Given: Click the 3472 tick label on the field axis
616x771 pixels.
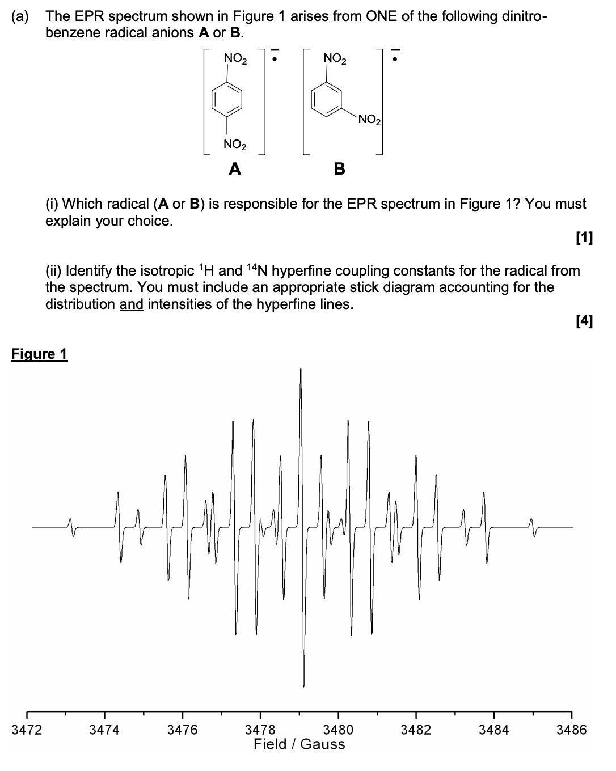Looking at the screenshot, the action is (27, 730).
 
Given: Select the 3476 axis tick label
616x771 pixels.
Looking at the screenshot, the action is (183, 730).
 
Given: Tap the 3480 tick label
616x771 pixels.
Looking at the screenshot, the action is (338, 730).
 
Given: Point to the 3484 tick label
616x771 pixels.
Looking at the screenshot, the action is (493, 730).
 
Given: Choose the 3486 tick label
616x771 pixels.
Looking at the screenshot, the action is (571, 730).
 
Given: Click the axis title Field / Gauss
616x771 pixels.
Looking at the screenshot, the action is (299, 744).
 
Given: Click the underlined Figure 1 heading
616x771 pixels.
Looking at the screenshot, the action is (39, 354).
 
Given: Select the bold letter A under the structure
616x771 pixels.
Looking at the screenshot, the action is (234, 168).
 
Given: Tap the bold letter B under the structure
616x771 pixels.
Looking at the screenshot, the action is (339, 168).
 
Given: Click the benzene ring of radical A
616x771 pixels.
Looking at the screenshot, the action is (227, 100).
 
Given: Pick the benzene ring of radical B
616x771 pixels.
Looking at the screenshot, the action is (328, 100).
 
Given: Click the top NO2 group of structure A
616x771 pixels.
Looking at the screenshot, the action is (235, 58).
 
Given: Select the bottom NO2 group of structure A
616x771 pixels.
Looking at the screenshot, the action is (235, 144).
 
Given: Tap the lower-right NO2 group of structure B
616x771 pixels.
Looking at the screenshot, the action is (370, 120).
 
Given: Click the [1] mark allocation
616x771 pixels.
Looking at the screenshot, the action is (584, 238).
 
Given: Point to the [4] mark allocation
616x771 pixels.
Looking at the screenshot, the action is (584, 321).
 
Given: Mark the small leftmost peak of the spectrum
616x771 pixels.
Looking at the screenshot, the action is (70, 520).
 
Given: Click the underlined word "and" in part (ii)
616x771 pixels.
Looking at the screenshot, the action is (131, 304).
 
